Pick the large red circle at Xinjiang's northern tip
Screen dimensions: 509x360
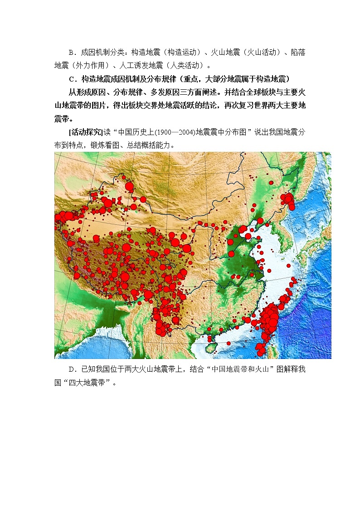tap(129, 186)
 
